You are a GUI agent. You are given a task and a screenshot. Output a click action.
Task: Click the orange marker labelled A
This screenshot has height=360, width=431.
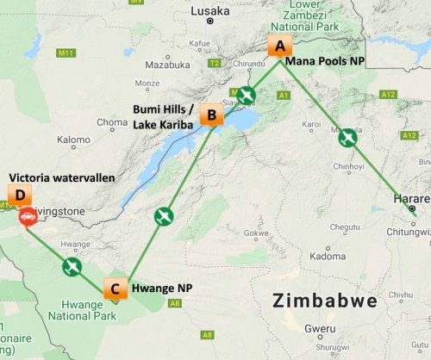tap(278, 47)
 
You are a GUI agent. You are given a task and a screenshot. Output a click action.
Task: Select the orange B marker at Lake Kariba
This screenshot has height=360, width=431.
tap(209, 115)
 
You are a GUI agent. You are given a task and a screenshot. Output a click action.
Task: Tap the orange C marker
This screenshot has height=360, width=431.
tap(114, 289)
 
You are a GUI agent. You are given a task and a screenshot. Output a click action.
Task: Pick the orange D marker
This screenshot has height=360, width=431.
tap(20, 195)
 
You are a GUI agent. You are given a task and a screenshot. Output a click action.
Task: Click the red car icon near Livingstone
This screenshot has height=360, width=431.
tap(28, 216)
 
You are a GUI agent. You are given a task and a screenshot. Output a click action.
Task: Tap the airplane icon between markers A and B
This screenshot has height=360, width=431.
tap(246, 94)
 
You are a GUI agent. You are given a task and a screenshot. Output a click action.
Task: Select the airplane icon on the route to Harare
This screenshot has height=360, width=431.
tap(347, 137)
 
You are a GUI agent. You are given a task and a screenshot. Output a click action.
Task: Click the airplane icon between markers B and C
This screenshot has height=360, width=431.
tap(163, 216)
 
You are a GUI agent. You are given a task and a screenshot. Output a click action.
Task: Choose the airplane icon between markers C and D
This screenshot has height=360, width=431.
tap(72, 266)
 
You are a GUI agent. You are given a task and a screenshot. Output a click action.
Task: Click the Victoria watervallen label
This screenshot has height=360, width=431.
tap(73, 177)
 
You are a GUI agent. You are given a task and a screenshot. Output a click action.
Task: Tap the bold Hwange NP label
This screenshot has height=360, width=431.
tap(161, 289)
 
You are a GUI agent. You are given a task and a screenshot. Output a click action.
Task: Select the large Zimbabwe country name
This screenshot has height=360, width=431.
tap(324, 302)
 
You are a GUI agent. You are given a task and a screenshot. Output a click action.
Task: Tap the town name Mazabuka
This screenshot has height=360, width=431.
tap(167, 65)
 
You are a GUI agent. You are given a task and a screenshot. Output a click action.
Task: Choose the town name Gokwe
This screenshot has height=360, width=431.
tap(258, 233)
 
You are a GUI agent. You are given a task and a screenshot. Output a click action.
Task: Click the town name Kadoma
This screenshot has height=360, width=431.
tap(328, 256)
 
